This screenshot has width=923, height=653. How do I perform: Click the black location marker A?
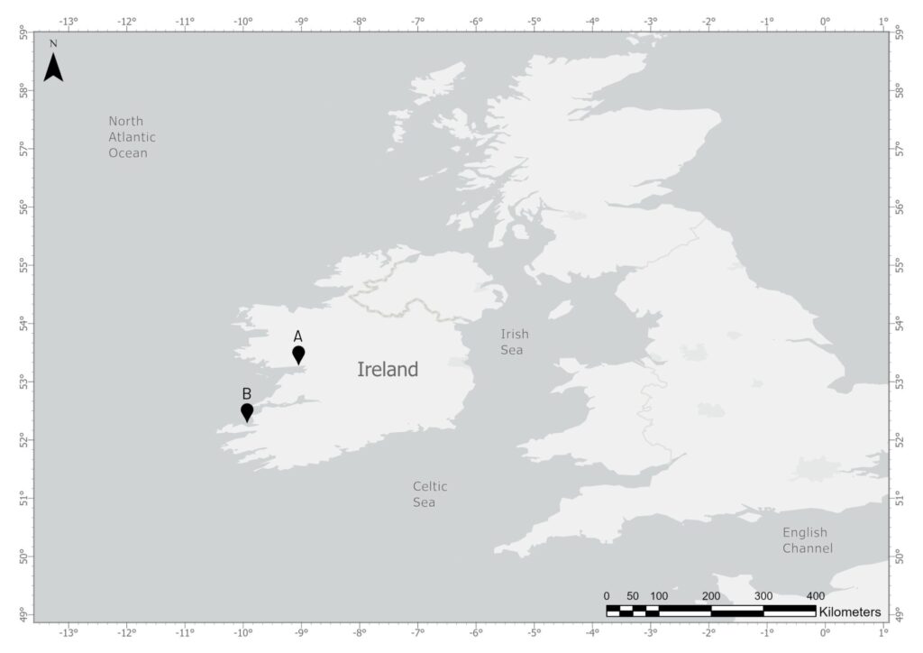click(298, 354)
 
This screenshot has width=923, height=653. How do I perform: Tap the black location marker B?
click(247, 412)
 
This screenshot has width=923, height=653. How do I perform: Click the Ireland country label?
click(388, 369)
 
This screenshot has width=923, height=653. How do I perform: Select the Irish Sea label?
click(512, 342)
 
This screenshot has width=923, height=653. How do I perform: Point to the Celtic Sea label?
click(430, 494)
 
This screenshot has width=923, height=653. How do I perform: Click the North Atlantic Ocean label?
click(133, 137)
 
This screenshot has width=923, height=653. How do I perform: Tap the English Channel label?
click(807, 540)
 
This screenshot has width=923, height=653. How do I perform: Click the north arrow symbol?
click(53, 65)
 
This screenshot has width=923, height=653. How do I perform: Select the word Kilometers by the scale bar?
click(850, 612)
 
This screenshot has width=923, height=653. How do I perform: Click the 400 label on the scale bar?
click(814, 596)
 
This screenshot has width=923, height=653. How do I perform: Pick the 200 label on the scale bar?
click(710, 596)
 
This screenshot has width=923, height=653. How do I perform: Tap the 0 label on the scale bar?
click(607, 596)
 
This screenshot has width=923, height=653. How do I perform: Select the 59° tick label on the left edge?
click(23, 33)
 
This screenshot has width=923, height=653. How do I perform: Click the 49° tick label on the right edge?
click(900, 616)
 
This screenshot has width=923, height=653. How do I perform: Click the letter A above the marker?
click(298, 336)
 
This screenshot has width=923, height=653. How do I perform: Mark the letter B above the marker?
click(246, 393)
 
